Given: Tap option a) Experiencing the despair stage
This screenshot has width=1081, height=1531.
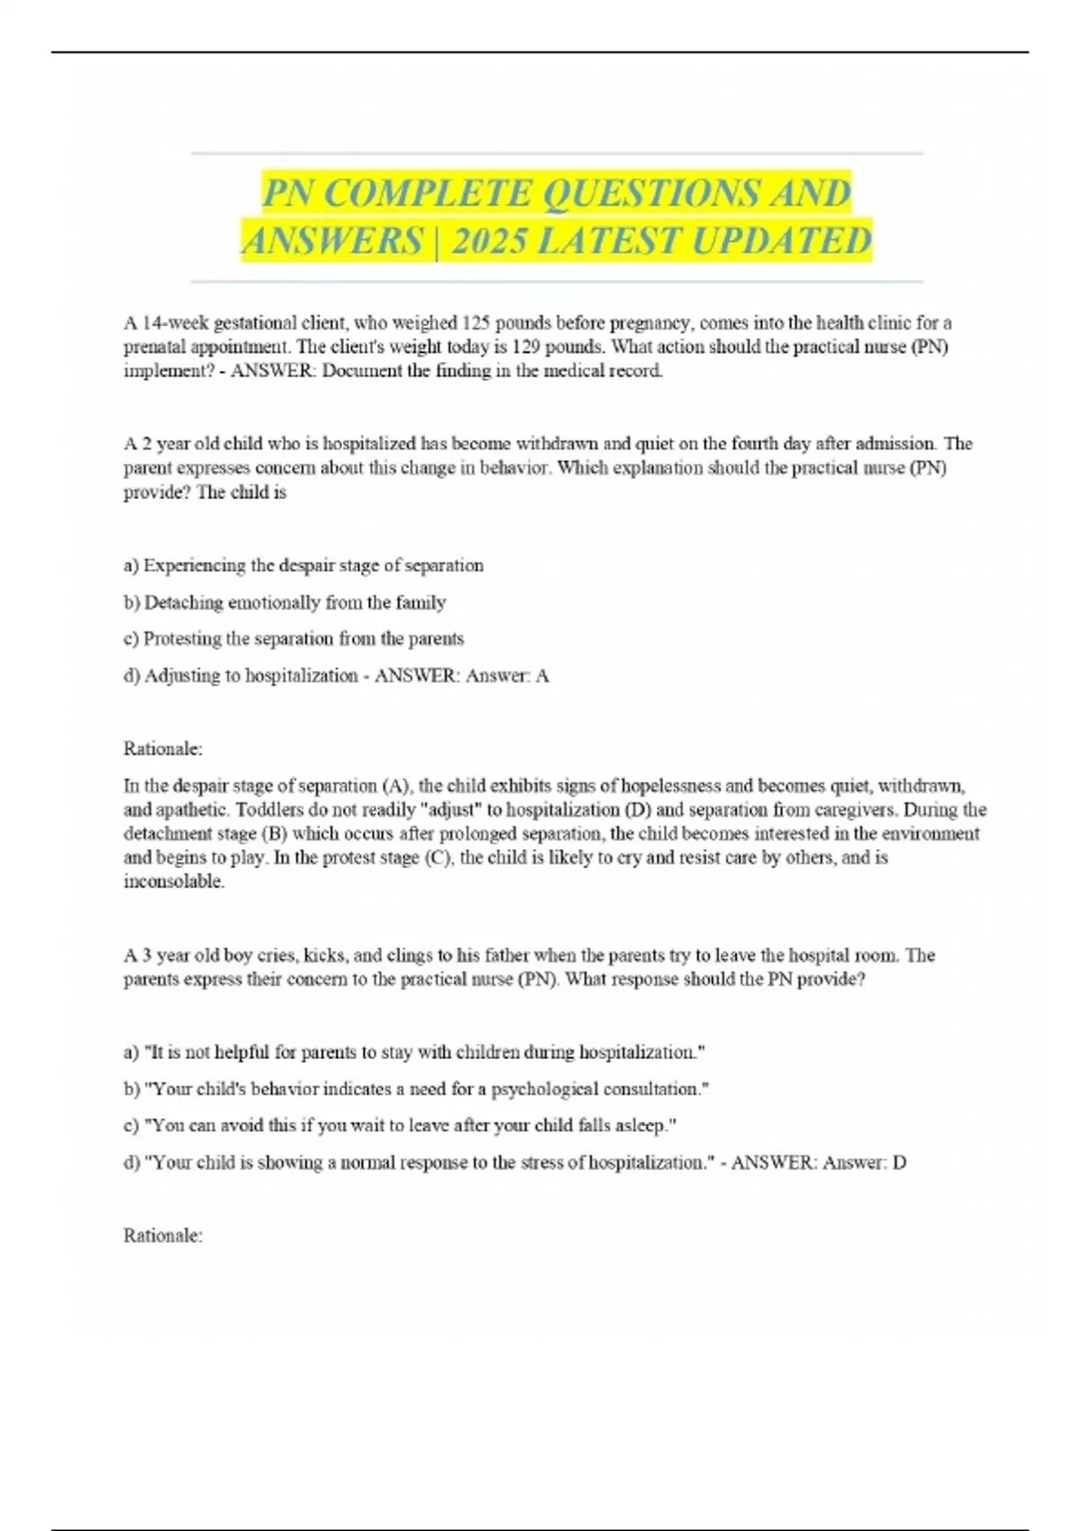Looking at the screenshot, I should [x=304, y=566].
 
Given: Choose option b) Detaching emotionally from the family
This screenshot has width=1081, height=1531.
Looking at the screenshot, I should [x=285, y=602].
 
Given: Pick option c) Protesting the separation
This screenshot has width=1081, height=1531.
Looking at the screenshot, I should [x=294, y=639].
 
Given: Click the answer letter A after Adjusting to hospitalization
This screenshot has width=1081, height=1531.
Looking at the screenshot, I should [x=542, y=675].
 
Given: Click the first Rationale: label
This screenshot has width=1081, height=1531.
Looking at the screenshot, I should [x=163, y=748].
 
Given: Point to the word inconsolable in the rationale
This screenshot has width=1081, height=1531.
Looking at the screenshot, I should [x=173, y=882].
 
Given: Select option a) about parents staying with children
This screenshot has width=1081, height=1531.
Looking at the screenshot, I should [x=413, y=1052].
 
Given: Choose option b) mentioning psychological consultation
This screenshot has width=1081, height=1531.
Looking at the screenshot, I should [x=416, y=1089].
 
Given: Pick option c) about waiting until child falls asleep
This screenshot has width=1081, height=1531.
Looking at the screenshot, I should [x=399, y=1125].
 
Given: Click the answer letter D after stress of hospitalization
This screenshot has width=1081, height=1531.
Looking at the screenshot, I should [x=899, y=1163].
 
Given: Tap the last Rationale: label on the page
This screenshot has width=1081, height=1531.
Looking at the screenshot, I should [x=163, y=1236].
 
